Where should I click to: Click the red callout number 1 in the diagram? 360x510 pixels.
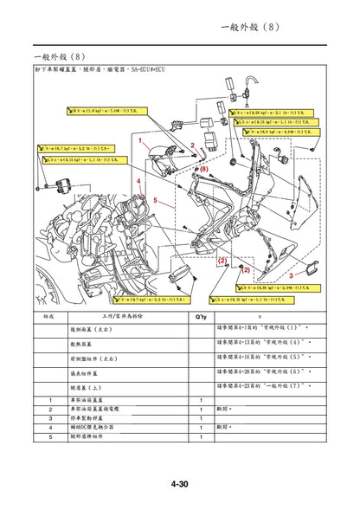(140, 139)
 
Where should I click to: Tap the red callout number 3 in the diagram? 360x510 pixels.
(291, 274)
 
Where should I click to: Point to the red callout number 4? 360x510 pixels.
(138, 182)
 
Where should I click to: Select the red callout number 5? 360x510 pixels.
(156, 200)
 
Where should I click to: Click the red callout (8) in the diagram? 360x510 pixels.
(204, 170)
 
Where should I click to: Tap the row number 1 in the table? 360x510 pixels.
(50, 399)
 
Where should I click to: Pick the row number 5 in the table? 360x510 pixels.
(50, 436)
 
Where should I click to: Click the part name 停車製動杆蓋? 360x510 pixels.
(89, 417)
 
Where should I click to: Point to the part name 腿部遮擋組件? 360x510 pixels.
(89, 436)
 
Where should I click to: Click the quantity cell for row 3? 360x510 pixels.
(201, 417)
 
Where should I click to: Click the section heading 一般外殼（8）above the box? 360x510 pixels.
(58, 55)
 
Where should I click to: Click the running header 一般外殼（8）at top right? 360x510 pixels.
(251, 28)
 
